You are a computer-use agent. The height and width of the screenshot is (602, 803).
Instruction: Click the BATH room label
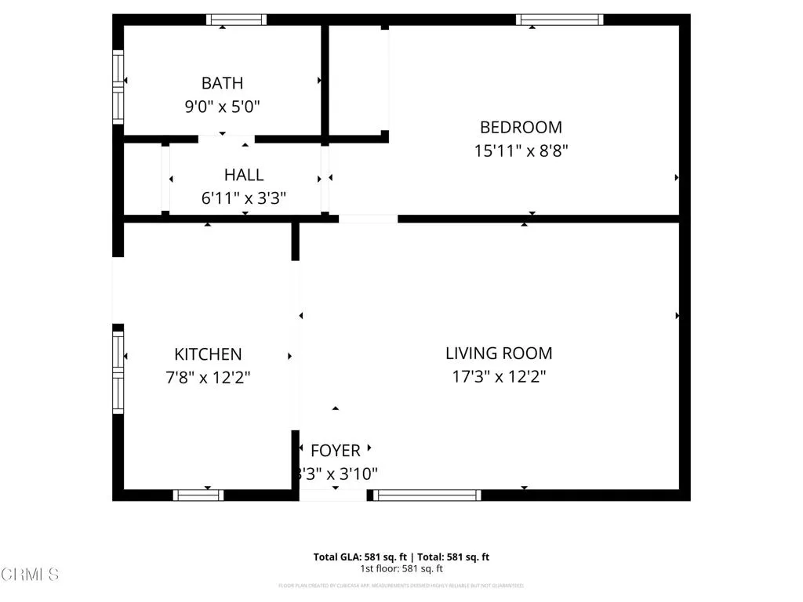[x=222, y=83]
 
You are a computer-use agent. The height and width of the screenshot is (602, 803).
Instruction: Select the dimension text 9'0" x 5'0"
[x=222, y=107]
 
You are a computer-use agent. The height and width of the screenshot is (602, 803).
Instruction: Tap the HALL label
[x=244, y=175]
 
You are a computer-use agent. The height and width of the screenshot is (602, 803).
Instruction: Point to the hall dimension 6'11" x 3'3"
[x=244, y=198]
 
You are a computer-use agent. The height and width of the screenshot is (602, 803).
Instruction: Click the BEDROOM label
[x=521, y=127]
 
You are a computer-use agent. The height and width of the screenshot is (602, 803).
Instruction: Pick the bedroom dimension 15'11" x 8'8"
[x=521, y=150]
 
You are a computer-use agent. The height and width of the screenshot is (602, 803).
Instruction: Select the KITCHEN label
[x=208, y=354]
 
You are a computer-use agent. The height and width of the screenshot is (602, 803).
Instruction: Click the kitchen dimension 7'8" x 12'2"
[x=208, y=378]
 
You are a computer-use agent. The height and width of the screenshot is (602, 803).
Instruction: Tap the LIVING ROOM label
[x=499, y=354]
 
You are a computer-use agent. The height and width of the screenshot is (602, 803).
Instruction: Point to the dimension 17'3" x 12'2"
[x=499, y=377]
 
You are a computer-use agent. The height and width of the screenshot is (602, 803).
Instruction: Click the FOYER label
[x=336, y=451]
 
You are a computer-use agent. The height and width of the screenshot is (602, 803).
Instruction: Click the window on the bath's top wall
[x=236, y=20]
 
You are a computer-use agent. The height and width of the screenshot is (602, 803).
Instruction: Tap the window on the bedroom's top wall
[x=559, y=20]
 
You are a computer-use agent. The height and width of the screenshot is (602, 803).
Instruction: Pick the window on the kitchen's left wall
[x=118, y=372]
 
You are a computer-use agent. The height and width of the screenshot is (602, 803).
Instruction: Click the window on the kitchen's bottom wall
[x=198, y=495]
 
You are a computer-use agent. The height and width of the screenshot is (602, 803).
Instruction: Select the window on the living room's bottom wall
[x=427, y=495]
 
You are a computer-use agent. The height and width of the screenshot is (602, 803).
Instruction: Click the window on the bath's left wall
[x=118, y=86]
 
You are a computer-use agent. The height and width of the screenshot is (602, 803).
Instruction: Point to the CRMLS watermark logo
[x=30, y=575]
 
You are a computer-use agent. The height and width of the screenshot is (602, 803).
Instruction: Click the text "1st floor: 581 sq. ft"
[x=401, y=569]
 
